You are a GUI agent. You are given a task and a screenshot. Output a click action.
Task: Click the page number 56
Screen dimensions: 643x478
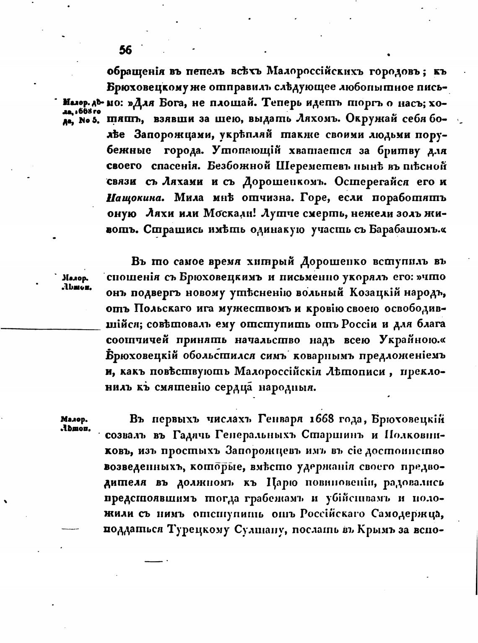click(126, 50)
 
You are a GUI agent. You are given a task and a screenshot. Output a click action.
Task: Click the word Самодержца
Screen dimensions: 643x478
click(400, 514)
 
